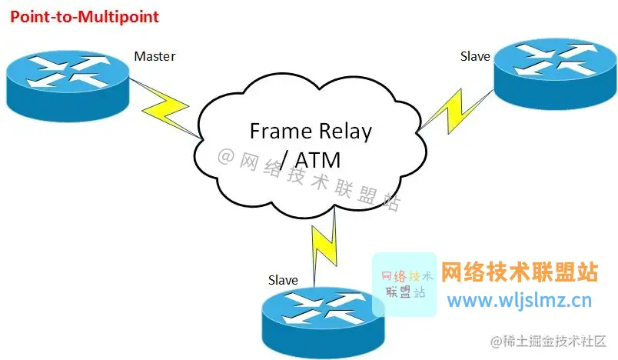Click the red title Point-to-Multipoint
85,16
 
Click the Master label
154,56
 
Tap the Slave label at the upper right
475,56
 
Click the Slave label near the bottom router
283,280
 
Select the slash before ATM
285,160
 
